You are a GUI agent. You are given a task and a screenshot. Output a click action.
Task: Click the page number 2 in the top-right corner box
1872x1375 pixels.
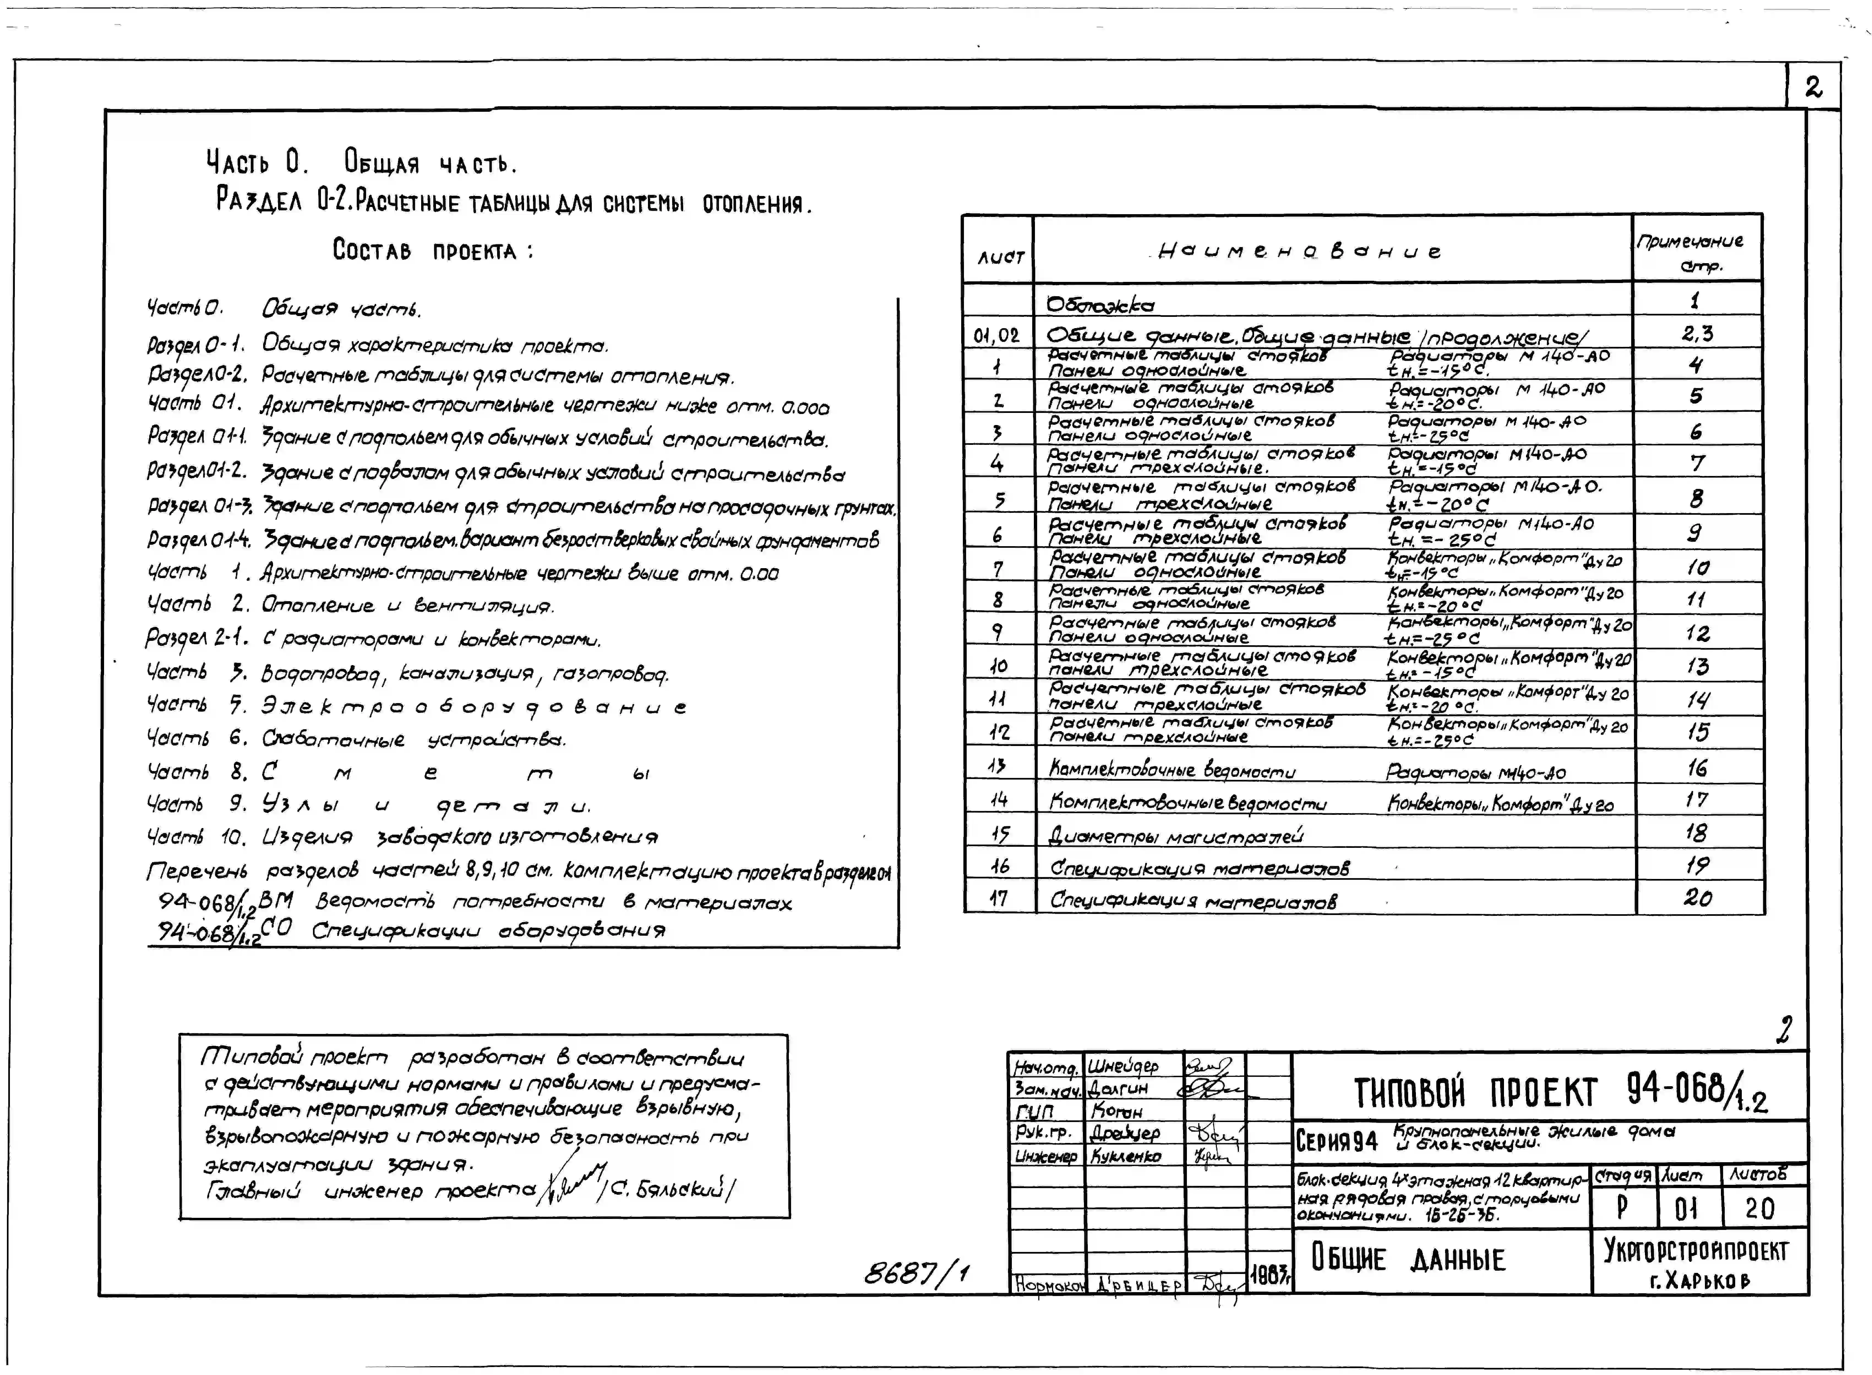[x=1813, y=86]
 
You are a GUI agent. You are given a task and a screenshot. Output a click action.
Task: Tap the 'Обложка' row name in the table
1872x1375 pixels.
[x=1100, y=305]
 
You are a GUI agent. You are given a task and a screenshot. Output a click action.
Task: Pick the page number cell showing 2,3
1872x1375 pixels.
[x=1696, y=334]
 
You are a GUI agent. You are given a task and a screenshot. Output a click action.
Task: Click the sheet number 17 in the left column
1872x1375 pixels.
[x=999, y=898]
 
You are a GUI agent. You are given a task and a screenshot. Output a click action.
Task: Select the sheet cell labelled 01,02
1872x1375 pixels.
[x=996, y=336]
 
